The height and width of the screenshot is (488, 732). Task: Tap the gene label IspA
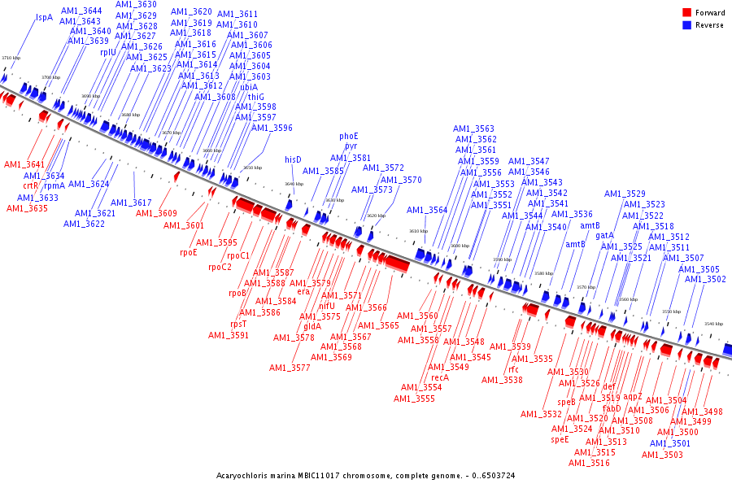coord(44,16)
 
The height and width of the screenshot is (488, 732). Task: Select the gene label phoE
coord(349,136)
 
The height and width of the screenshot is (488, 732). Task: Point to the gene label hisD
coord(293,159)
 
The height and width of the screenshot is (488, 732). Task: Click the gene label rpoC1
coord(234,256)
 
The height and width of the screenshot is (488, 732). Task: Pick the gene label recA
coord(440,377)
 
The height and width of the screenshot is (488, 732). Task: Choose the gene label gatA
coord(605,235)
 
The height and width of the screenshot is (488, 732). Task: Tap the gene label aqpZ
coord(634,397)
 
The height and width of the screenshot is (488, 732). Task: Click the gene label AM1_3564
coord(427,210)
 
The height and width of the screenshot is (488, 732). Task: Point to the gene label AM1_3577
coord(290,368)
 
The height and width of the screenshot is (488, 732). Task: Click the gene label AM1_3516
coord(589,463)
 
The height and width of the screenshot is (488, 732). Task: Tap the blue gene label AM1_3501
coord(670,443)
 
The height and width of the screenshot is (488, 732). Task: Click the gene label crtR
coord(31,185)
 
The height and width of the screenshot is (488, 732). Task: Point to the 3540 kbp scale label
coord(713,324)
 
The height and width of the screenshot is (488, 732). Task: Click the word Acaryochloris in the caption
coord(242,475)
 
